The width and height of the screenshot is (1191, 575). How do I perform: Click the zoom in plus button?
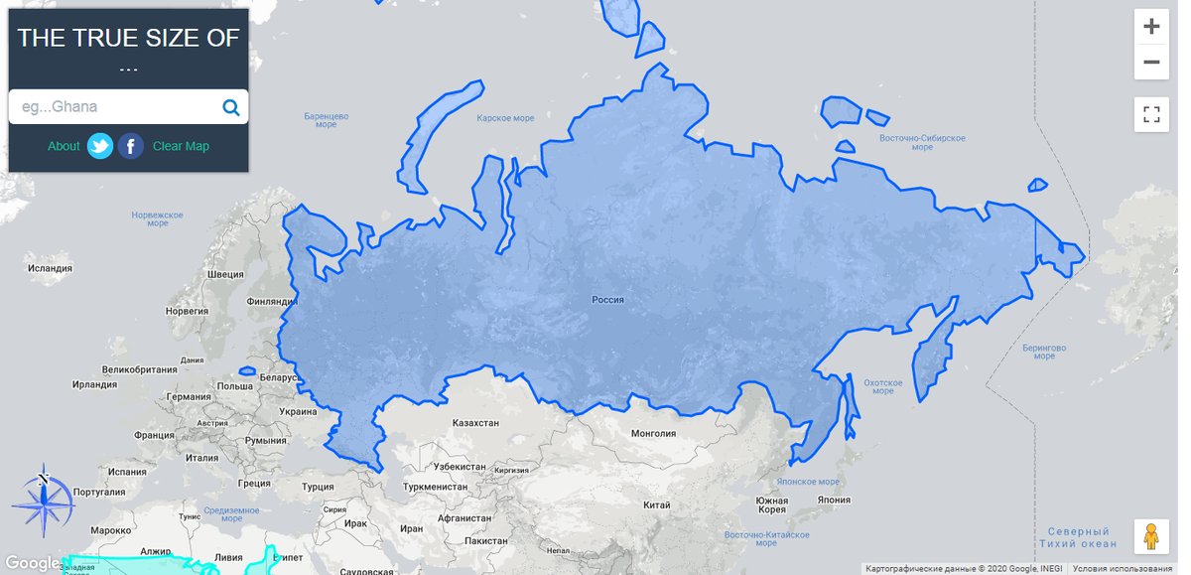pyautogui.click(x=1151, y=27)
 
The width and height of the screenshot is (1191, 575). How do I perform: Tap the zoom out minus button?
pyautogui.click(x=1151, y=62)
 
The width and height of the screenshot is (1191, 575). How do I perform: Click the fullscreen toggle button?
pyautogui.click(x=1151, y=114)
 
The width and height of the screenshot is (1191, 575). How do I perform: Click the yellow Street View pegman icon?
pyautogui.click(x=1151, y=536)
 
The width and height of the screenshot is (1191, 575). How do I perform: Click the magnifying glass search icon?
pyautogui.click(x=230, y=107)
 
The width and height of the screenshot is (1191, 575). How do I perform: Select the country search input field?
pyautogui.click(x=114, y=107)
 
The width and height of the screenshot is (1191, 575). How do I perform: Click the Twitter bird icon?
pyautogui.click(x=99, y=146)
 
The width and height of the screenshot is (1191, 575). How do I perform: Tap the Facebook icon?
pyautogui.click(x=131, y=146)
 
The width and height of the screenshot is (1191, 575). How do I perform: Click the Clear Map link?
pyautogui.click(x=181, y=146)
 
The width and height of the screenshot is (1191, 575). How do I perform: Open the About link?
pyautogui.click(x=64, y=146)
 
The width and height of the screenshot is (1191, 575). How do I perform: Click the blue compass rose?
pyautogui.click(x=43, y=500)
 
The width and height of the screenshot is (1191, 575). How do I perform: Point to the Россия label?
pyautogui.click(x=607, y=298)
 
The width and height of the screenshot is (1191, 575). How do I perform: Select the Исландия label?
pyautogui.click(x=50, y=268)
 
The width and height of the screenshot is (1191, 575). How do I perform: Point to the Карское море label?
pyautogui.click(x=505, y=118)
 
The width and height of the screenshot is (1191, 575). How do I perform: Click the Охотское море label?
pyautogui.click(x=882, y=386)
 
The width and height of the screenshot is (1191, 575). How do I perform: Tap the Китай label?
pyautogui.click(x=657, y=504)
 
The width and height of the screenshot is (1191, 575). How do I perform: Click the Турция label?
pyautogui.click(x=319, y=488)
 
